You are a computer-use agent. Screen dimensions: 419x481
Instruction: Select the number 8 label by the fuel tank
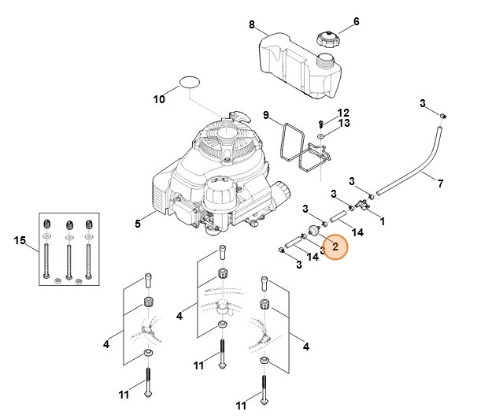(252, 25)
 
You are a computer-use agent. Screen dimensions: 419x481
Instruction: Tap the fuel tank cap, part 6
(324, 37)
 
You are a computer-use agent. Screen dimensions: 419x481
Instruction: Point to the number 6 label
(356, 21)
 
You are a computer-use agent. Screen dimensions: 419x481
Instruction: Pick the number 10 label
(158, 99)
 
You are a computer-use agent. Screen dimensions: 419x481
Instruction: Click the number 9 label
(267, 115)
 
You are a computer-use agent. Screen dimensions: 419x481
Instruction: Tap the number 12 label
(343, 113)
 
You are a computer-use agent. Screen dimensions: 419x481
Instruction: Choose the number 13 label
(343, 124)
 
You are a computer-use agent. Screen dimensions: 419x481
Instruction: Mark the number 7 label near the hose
(440, 184)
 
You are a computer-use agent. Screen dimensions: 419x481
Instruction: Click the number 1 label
(383, 222)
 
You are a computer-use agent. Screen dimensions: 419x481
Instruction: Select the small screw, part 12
(320, 123)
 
